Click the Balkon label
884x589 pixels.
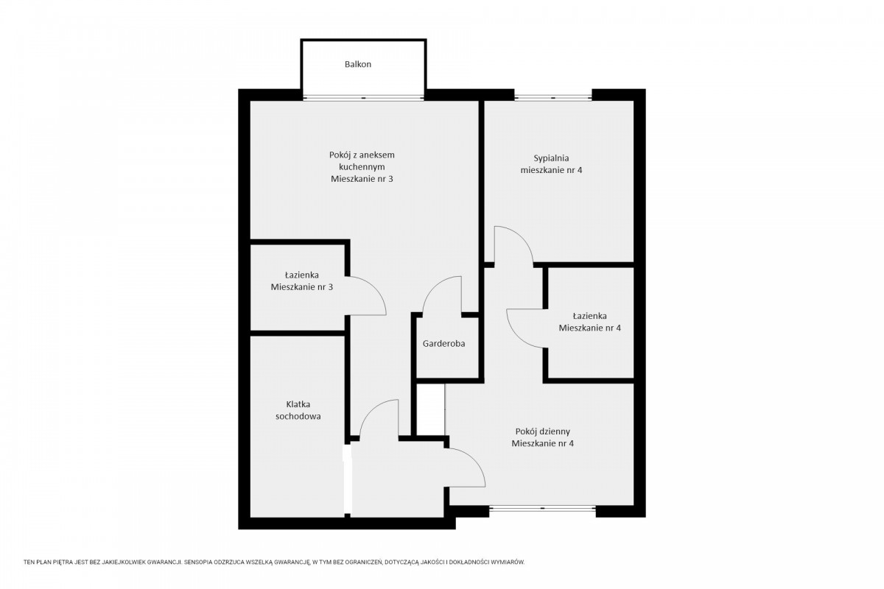pos(358,64)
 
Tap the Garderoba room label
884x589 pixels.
pos(443,344)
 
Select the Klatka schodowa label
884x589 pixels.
pos(298,410)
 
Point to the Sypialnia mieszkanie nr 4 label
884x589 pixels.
pos(551,164)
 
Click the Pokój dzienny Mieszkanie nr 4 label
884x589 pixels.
pos(543,437)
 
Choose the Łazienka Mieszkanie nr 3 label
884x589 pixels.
pos(302,281)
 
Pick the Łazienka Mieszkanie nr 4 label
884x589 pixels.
pos(589,322)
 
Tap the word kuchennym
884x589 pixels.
pos(362,167)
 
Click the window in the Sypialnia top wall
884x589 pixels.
pos(553,97)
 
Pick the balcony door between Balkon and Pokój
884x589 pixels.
pos(363,97)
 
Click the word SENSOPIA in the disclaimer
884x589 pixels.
pos(197,562)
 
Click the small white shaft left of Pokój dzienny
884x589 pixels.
pos(431,409)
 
